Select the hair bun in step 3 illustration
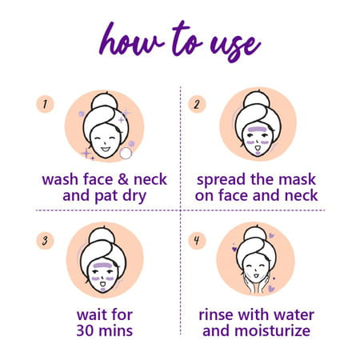pos(105,235)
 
